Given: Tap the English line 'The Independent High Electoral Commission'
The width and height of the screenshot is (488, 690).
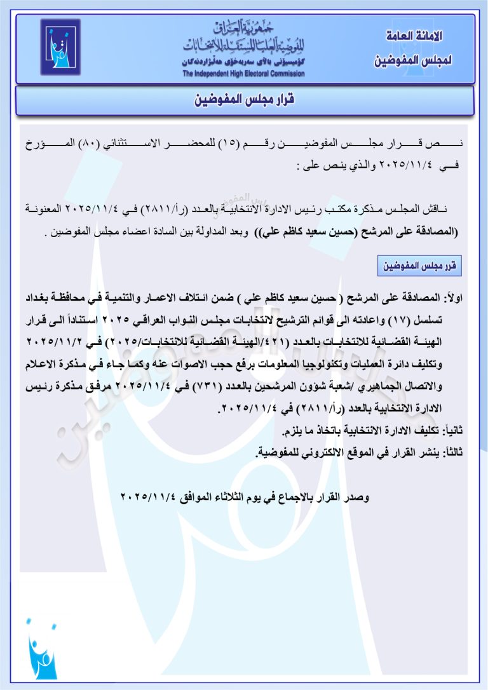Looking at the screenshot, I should tap(243, 74).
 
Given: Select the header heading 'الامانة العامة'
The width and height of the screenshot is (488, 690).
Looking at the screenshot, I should tap(414, 37).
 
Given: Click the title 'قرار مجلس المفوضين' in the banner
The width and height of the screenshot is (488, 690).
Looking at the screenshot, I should tap(244, 100).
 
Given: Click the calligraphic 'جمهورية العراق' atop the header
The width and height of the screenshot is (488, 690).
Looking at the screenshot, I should tap(244, 28).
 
